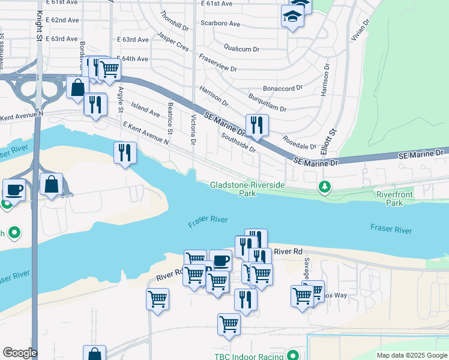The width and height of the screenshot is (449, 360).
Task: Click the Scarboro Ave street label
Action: (220, 24)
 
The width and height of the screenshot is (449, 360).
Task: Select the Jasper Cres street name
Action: (173, 43)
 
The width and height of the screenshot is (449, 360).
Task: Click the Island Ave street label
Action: (145, 109)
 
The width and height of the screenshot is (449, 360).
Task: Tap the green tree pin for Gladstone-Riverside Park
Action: (325, 187)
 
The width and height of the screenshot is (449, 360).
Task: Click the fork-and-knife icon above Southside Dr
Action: (257, 125)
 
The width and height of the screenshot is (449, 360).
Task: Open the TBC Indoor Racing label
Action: (249, 356)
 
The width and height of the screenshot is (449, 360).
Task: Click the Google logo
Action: (20, 353)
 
